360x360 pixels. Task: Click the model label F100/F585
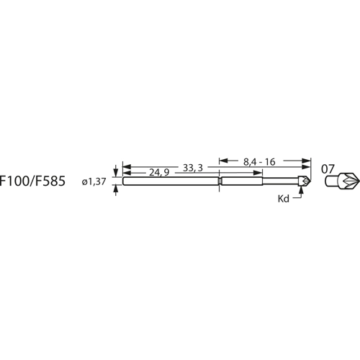[x=32, y=182]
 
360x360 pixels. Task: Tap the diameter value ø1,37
[x=95, y=183]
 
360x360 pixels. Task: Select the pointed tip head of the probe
[x=306, y=181]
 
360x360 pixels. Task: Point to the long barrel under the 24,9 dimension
[x=169, y=182]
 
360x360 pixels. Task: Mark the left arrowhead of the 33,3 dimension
[x=126, y=167]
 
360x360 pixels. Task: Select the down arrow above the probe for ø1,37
[x=115, y=174]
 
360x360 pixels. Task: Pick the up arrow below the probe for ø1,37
[x=115, y=189]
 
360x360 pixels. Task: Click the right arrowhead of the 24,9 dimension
[x=215, y=173]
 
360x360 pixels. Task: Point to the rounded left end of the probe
[x=125, y=182]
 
